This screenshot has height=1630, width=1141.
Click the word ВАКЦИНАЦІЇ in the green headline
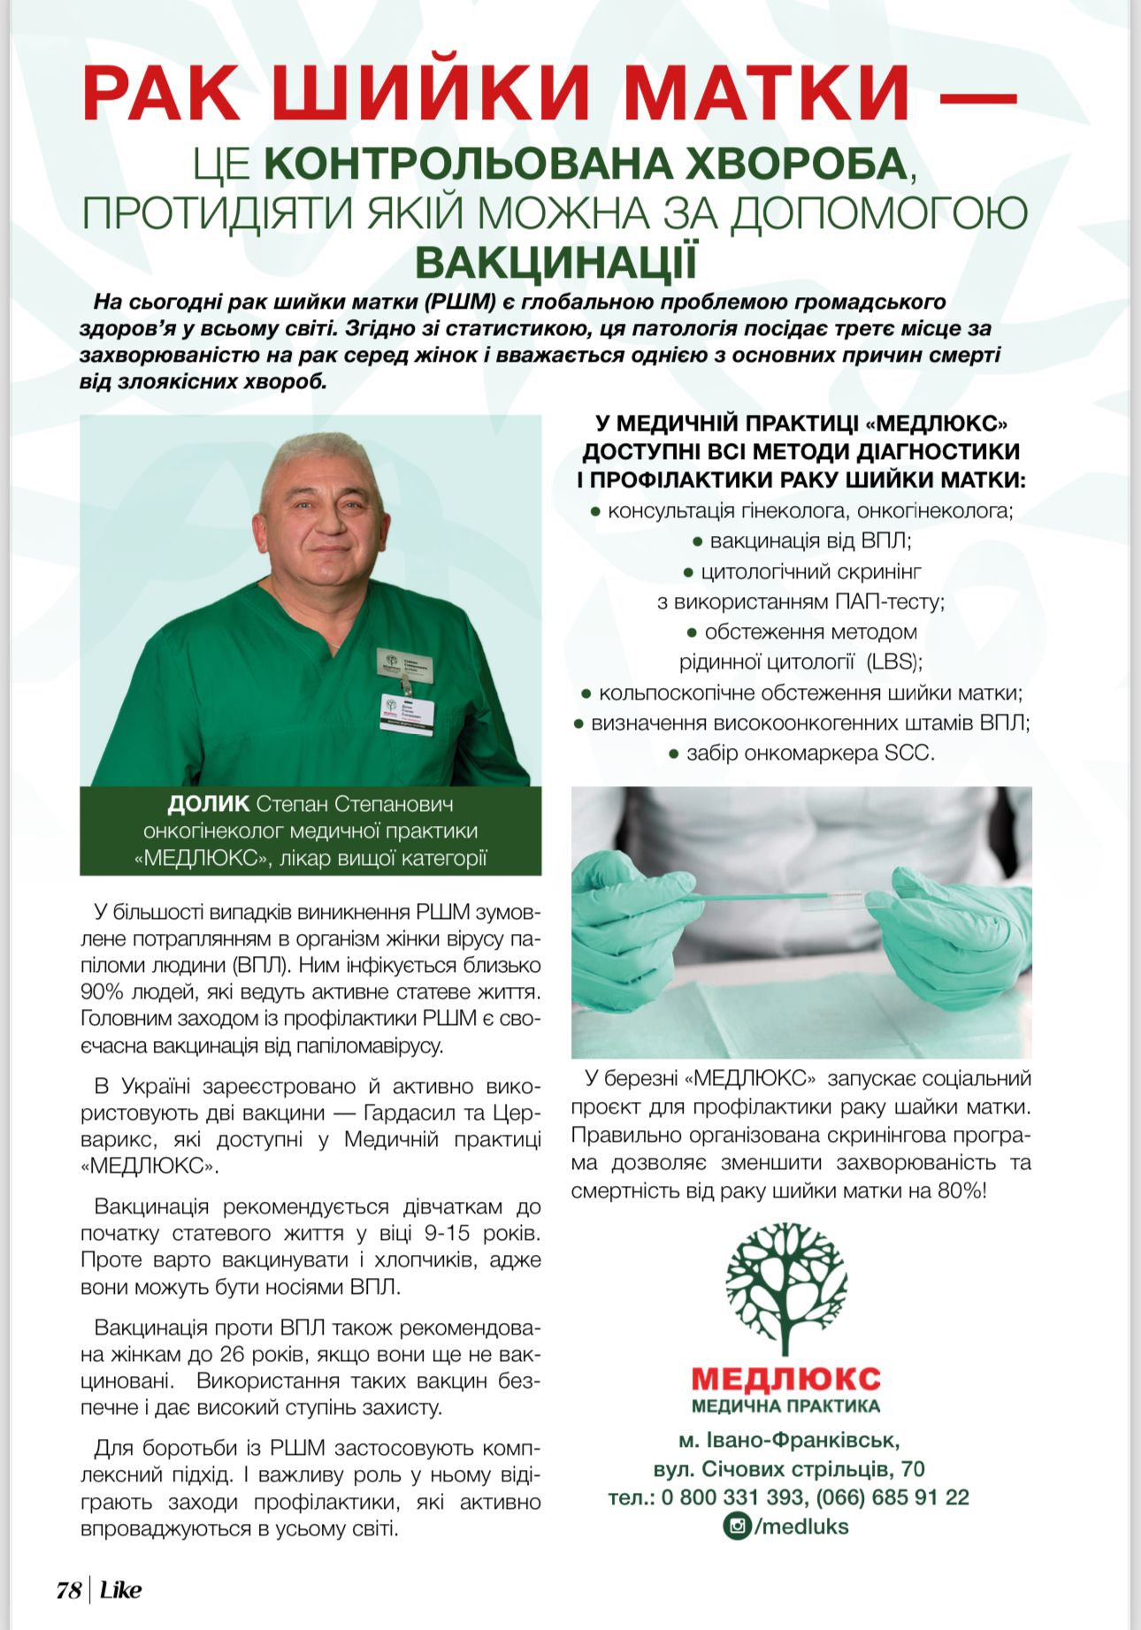(556, 262)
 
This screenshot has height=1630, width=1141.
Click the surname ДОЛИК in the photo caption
(209, 804)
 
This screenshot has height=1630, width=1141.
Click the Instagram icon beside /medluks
(736, 1526)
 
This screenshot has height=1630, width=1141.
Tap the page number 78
(68, 1589)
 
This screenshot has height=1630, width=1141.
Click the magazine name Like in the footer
(120, 1589)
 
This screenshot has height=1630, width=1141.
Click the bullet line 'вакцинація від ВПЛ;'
(801, 540)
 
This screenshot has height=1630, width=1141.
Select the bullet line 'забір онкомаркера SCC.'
(801, 753)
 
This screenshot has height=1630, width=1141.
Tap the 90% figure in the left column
(100, 991)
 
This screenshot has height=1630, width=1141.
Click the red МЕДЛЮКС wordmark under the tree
(785, 1377)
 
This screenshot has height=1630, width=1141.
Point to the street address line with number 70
(789, 1469)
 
